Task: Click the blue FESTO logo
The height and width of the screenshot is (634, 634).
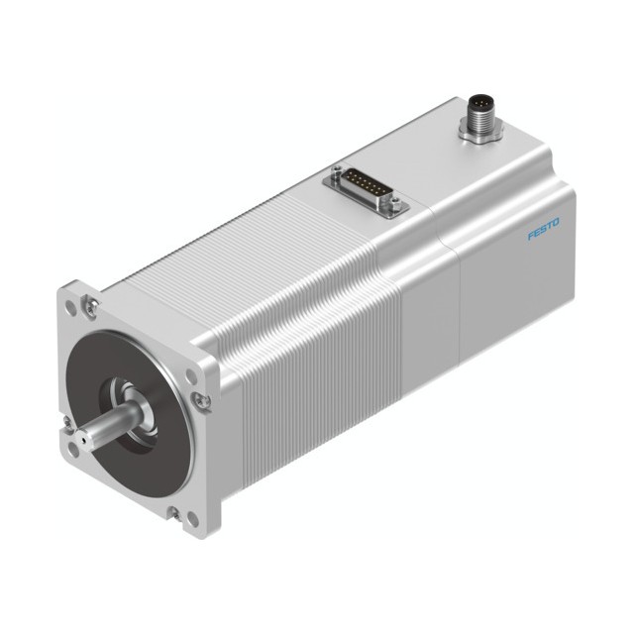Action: coord(544,229)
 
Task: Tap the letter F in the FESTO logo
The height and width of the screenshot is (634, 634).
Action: coord(531,236)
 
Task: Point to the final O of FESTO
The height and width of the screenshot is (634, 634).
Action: coord(556,222)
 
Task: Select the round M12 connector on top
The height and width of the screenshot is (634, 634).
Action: coord(480,120)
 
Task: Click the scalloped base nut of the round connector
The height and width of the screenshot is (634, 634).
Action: coord(480,133)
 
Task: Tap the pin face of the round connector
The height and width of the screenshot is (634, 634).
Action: coord(479,103)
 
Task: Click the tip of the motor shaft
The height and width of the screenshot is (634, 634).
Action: coord(83,439)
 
